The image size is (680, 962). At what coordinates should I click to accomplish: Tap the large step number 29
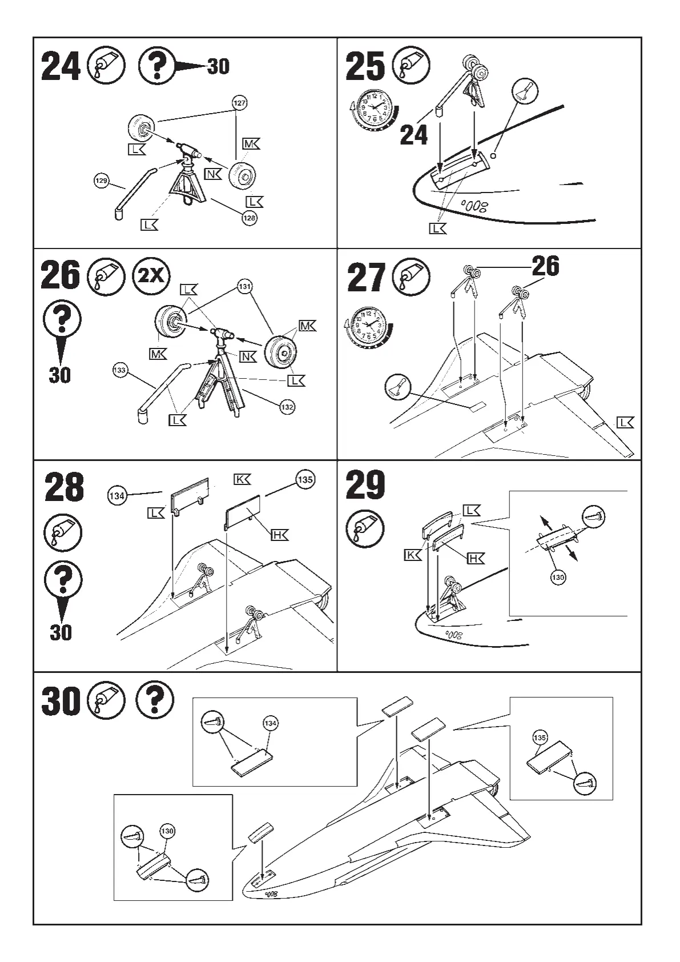coord(365,486)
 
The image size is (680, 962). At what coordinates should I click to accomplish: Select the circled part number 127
coord(240,103)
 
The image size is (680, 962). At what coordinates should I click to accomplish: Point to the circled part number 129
coord(101,181)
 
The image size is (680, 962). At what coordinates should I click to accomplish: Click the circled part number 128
coord(250,218)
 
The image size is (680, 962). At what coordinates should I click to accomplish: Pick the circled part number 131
coord(245,287)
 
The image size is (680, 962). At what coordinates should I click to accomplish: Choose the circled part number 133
coord(120,371)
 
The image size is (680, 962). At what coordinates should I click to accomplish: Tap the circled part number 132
coord(287,407)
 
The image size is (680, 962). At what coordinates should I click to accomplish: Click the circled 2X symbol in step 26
coord(151,277)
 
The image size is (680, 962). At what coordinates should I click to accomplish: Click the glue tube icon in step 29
coord(365,528)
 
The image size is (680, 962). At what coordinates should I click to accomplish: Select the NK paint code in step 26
coord(248,357)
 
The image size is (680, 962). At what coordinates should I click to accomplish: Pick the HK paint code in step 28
coord(279,535)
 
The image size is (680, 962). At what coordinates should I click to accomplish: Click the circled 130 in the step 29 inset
coord(558,578)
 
